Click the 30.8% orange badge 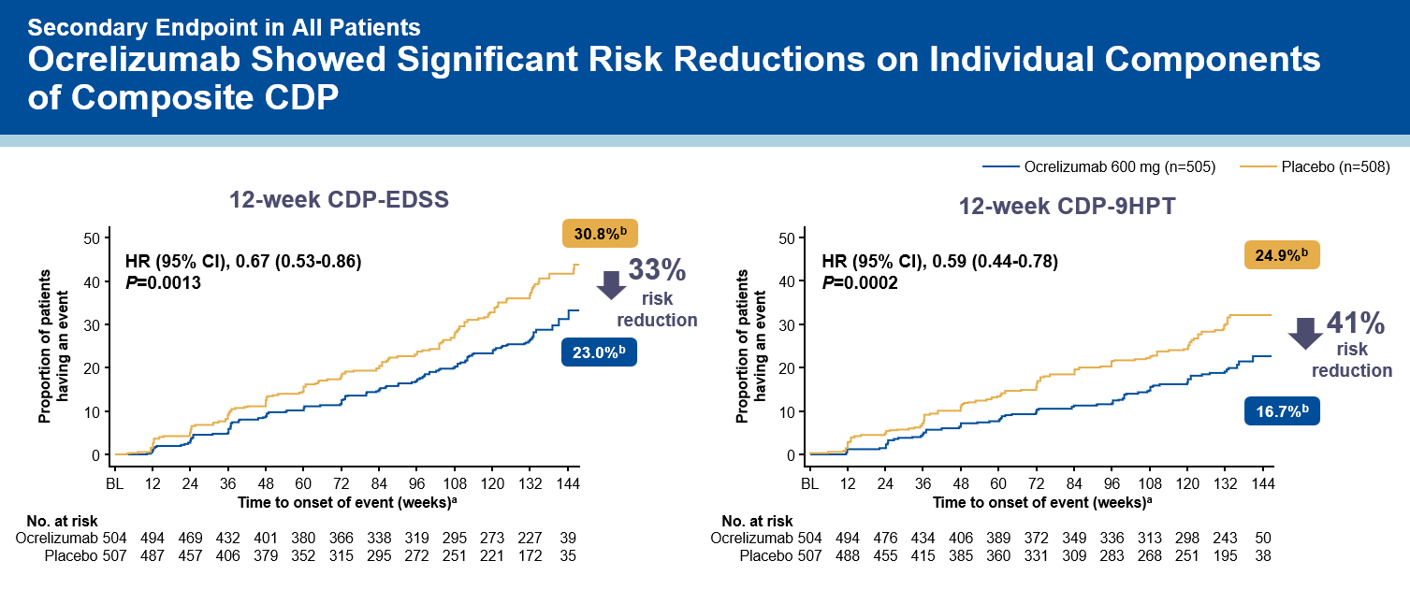(x=598, y=233)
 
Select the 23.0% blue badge (x=598, y=352)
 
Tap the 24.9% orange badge (x=1281, y=254)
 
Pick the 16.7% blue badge (x=1281, y=410)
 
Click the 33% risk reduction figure (x=657, y=271)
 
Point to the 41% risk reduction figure (x=1355, y=324)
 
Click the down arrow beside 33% (x=611, y=284)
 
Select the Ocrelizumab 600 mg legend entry (x=1098, y=167)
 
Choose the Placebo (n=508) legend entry (x=1315, y=167)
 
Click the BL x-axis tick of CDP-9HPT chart (x=810, y=484)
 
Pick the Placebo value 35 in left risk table (x=566, y=555)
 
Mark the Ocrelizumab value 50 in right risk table (x=1263, y=538)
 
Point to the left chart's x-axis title (x=346, y=502)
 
